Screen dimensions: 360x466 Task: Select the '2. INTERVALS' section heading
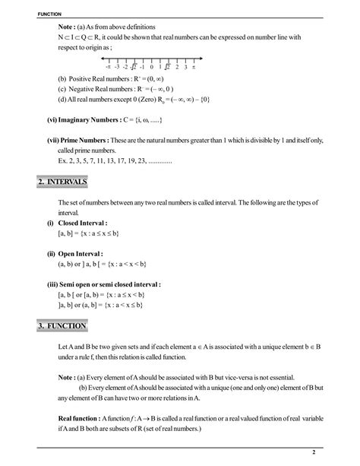(62, 182)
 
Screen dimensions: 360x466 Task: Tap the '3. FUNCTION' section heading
(62, 326)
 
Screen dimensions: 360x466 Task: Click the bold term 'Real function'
(79, 417)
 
